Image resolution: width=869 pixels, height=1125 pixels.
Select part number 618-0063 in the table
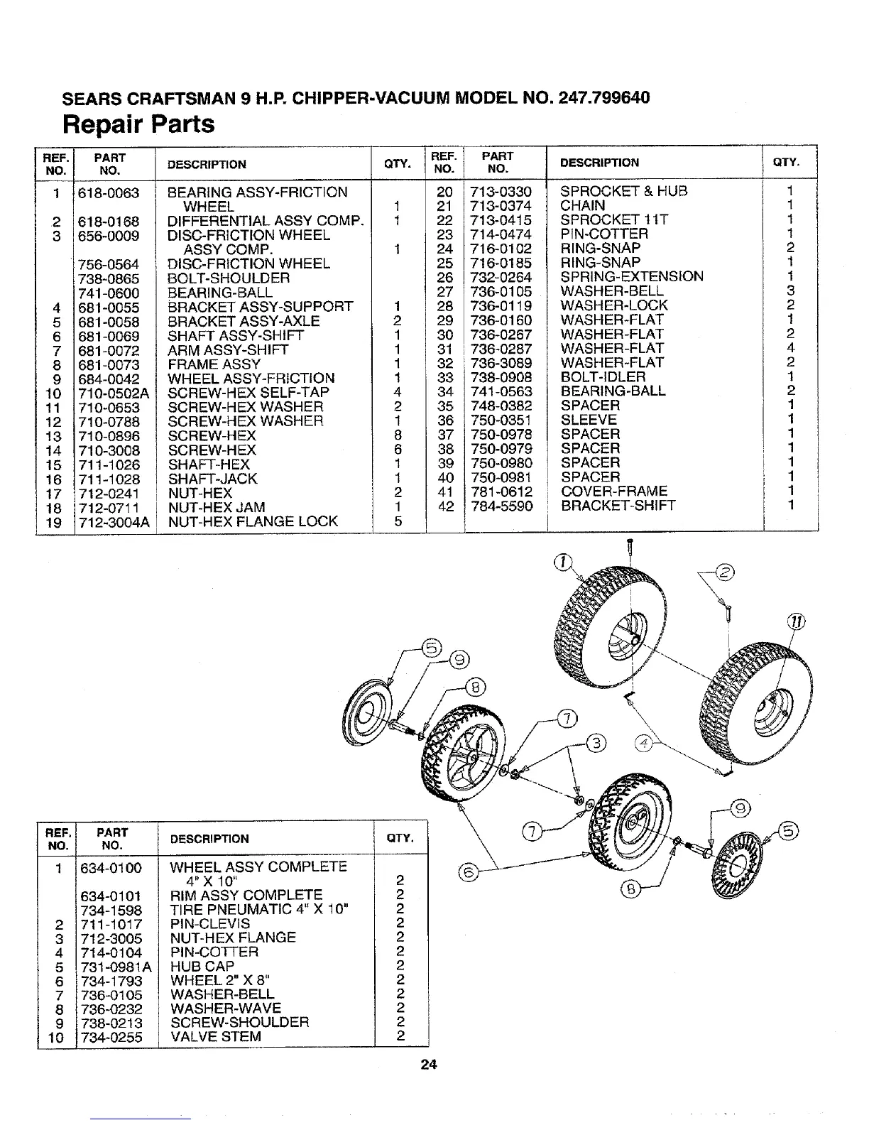(x=109, y=192)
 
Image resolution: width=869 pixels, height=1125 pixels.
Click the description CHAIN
(x=583, y=205)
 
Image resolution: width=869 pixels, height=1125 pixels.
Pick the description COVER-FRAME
(x=614, y=491)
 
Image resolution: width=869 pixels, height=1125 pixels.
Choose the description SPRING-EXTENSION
(x=632, y=277)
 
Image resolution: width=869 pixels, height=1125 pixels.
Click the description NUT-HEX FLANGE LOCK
(x=253, y=521)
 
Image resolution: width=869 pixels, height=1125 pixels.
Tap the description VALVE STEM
(x=216, y=1036)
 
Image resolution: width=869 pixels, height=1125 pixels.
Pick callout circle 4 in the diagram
(x=645, y=744)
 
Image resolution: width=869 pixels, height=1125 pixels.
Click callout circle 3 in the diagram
(x=597, y=743)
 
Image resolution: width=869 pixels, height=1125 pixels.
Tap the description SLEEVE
(x=589, y=420)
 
